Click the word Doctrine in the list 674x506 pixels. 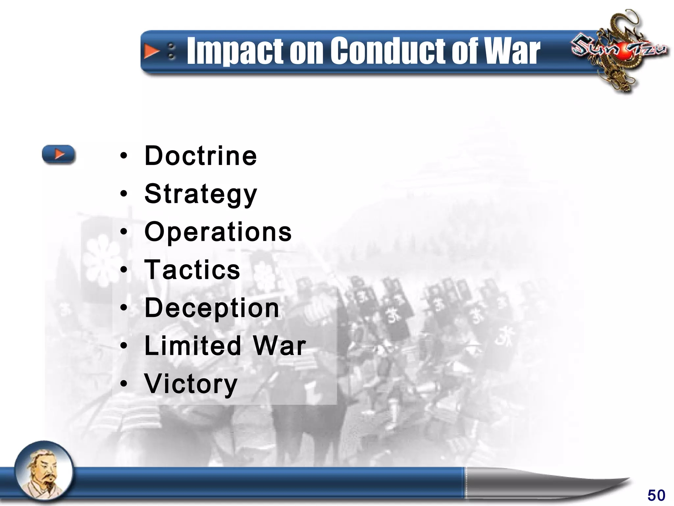(200, 156)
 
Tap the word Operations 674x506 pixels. (218, 232)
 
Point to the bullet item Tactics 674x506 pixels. (192, 270)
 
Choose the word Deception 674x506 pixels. (212, 308)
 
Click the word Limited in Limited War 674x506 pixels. (193, 346)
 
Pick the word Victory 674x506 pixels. (191, 384)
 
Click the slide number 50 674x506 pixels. (656, 495)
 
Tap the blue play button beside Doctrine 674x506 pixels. (59, 154)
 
